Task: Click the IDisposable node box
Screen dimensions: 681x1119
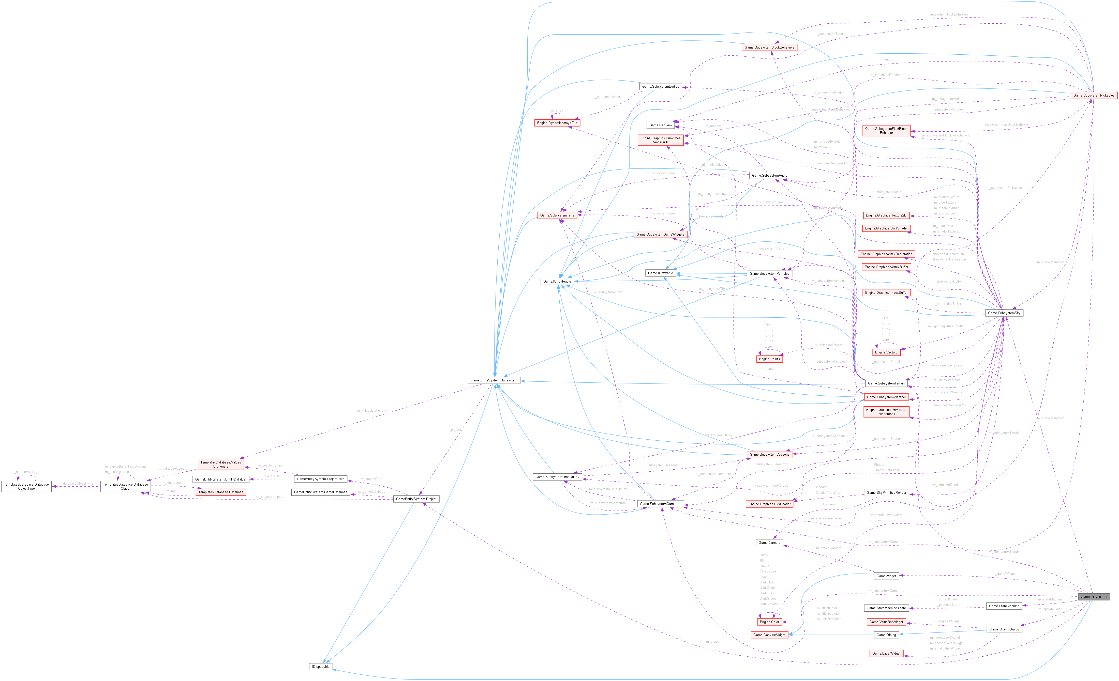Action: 321,667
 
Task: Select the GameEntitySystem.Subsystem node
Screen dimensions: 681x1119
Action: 494,380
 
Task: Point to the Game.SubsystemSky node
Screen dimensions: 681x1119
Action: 1004,313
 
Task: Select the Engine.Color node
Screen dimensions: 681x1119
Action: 769,622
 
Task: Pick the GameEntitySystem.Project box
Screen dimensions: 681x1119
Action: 416,499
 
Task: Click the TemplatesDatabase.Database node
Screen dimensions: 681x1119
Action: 221,492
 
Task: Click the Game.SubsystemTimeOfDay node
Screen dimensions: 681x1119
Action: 557,477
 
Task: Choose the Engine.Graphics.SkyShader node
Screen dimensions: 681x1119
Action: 769,504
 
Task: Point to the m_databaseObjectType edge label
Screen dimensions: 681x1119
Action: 76,484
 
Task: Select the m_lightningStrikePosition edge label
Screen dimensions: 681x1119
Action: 946,326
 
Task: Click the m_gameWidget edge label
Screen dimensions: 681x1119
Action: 1004,574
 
